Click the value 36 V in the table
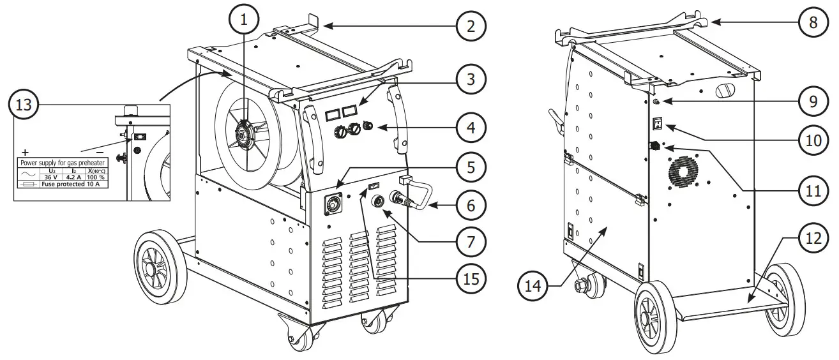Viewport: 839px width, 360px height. tap(50, 177)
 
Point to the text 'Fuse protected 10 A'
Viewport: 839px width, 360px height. tap(70, 184)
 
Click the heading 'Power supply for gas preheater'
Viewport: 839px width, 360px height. tap(62, 163)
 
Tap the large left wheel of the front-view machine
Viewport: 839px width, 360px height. tap(156, 264)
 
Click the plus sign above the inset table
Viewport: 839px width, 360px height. tap(26, 153)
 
